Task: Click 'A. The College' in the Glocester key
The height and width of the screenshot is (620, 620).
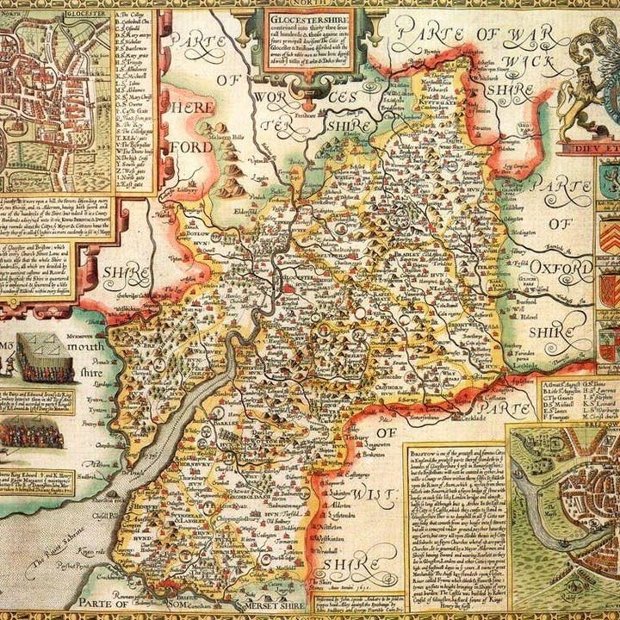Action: click(133, 16)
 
